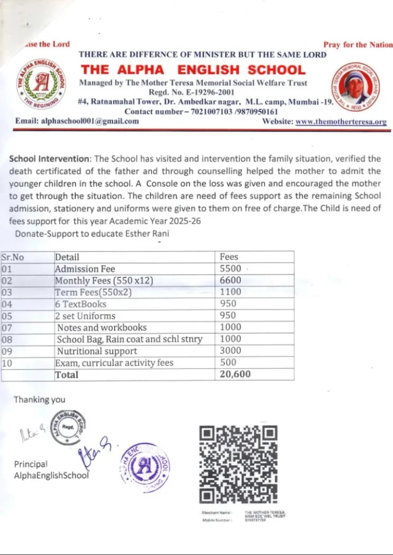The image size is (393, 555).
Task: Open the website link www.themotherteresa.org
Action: click(341, 122)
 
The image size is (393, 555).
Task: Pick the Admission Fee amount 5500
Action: click(230, 269)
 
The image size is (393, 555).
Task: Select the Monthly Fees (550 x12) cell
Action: click(104, 281)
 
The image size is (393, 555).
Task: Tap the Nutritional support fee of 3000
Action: click(230, 351)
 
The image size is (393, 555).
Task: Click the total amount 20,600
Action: click(235, 374)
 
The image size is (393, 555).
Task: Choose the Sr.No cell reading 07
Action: click(7, 328)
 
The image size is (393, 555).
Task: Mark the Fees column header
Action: click(229, 257)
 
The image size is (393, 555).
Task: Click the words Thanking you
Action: click(39, 399)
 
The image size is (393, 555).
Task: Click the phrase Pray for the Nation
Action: click(358, 45)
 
